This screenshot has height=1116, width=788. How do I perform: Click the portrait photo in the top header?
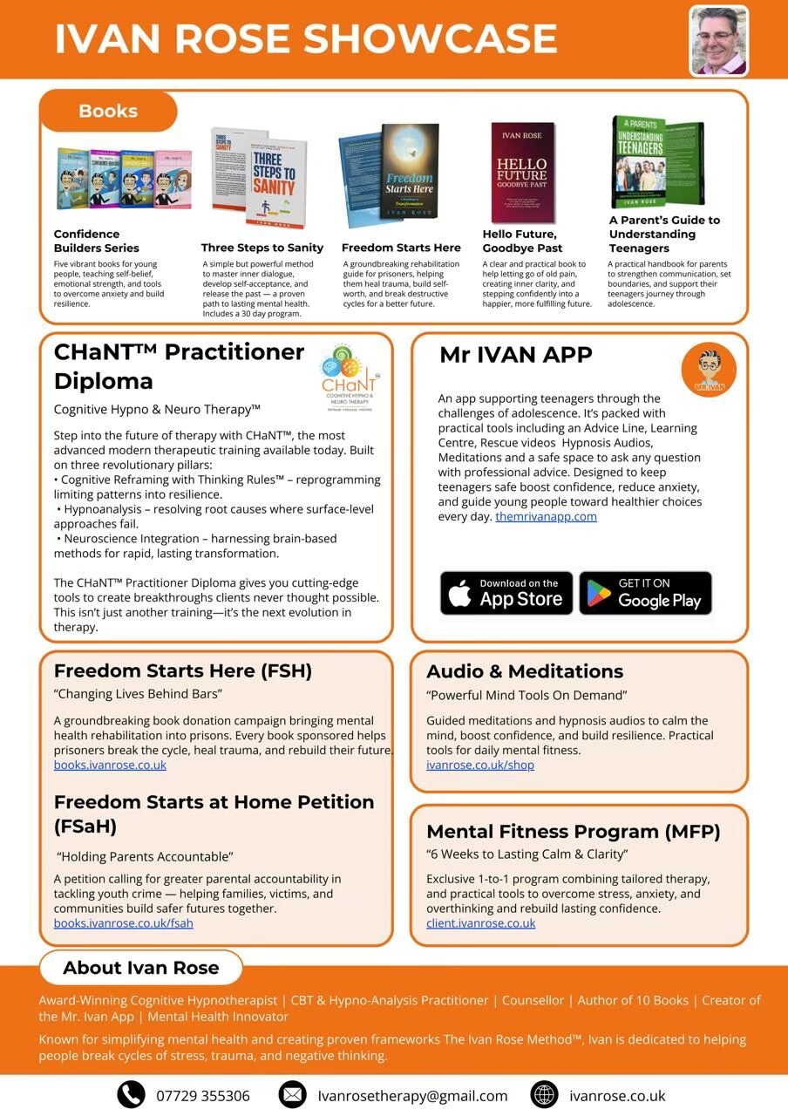[x=718, y=41]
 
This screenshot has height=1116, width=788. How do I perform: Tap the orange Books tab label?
[x=108, y=111]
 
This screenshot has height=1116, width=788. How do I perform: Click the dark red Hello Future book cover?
[x=522, y=172]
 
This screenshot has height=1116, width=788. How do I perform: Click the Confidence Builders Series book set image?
[x=124, y=179]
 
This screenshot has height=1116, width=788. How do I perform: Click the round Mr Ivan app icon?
[x=709, y=370]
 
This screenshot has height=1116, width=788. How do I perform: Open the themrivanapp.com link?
[x=546, y=516]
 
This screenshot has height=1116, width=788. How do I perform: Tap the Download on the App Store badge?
[x=506, y=593]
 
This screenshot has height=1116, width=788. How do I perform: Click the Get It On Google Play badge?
[x=646, y=593]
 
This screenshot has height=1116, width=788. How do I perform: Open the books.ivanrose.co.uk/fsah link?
[x=124, y=923]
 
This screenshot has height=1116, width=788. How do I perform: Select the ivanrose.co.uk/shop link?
[x=480, y=765]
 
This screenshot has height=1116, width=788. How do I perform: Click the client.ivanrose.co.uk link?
[x=481, y=923]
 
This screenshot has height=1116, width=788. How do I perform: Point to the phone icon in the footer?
[x=132, y=1094]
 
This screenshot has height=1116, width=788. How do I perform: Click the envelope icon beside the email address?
[x=293, y=1094]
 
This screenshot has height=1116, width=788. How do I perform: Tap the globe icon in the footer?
[x=544, y=1094]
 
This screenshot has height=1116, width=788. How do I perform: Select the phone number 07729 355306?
[x=203, y=1096]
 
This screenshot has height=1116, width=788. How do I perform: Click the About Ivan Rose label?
[x=140, y=968]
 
